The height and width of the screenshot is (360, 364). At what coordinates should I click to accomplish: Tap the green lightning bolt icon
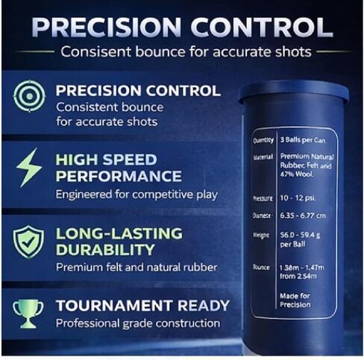point(28,169)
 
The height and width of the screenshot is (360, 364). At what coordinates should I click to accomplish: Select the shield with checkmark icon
point(28,241)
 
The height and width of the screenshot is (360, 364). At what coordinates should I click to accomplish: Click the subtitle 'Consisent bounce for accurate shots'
point(195,53)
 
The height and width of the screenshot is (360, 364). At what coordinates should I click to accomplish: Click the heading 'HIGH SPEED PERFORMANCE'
point(119,168)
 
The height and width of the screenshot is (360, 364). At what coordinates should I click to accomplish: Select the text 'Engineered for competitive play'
point(136,195)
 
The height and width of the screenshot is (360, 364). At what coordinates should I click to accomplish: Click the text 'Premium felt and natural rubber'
point(136,267)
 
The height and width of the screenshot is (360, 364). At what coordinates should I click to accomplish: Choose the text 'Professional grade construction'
point(138,323)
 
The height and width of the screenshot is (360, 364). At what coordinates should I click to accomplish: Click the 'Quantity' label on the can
point(263,140)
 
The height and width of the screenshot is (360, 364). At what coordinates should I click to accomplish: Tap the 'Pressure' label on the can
point(263,199)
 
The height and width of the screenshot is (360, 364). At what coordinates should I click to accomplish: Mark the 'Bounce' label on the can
point(262,266)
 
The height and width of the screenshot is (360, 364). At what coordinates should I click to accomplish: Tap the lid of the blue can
point(293,92)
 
